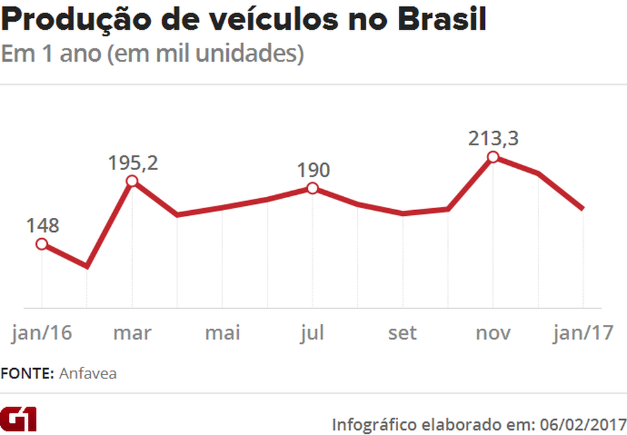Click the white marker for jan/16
point(42,244)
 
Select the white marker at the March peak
point(132,181)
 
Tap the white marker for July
point(312,188)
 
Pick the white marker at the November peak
point(493,157)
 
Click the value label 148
point(42,226)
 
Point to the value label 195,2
point(133,163)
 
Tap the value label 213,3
point(493,138)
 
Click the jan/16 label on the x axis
point(42,332)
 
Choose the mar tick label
point(133,332)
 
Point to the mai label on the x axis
point(222,332)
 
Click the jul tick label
point(312,332)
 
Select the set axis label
point(403,332)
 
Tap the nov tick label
point(493,332)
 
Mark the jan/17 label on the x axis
point(584,332)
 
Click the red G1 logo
point(18,418)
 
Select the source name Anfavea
point(88,373)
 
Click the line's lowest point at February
point(87,266)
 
